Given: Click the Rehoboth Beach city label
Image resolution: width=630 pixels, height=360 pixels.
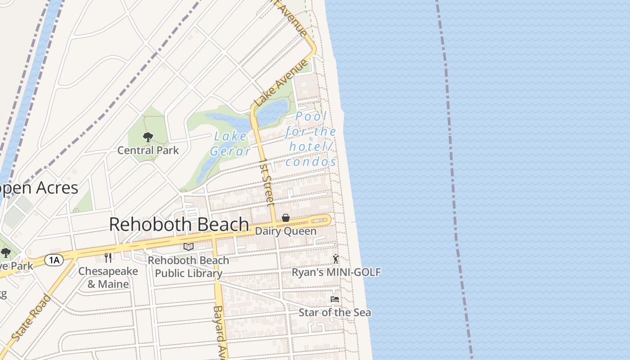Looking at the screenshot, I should pos(179,224).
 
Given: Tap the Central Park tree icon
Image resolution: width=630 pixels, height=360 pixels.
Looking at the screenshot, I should pos(148,137).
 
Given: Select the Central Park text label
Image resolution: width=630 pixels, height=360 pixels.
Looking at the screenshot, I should pos(148,150).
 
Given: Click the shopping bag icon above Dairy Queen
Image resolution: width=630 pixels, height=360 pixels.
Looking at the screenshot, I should pos(286,218).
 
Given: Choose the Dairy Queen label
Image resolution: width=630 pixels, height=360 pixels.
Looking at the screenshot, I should pos(286,231).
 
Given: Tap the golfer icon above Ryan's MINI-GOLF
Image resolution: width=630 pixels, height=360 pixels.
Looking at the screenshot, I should pos(336,259).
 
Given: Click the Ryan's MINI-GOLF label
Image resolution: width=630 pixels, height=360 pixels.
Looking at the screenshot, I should pos(336,272).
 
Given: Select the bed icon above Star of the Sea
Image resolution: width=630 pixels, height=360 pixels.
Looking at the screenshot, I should pos(335,299).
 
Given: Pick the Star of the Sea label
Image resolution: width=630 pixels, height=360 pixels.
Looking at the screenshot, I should pos(335,312).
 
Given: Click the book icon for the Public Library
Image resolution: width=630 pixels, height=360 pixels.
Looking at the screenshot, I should pos(189,247).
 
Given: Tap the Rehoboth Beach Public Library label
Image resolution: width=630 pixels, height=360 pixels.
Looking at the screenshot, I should pos(189,266).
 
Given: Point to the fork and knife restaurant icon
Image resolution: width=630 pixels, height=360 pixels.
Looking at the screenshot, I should pos(108,257).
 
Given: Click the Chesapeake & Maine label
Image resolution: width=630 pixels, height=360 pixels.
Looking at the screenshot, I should pos(108,277).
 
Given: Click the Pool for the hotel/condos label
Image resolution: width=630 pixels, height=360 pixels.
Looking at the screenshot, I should pos(310,139).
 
